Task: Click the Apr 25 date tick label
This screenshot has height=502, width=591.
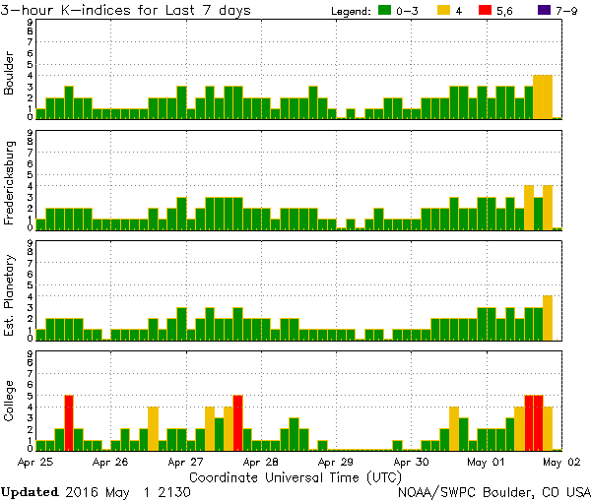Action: [x=35, y=461]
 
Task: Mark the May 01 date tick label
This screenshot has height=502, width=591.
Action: [x=486, y=461]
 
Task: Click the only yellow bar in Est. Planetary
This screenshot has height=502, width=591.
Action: [x=548, y=317]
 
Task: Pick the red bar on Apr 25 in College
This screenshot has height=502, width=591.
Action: [x=69, y=422]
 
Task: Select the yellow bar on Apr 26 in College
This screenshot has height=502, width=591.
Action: [x=154, y=428]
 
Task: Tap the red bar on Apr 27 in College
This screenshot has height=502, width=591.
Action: [x=238, y=422]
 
